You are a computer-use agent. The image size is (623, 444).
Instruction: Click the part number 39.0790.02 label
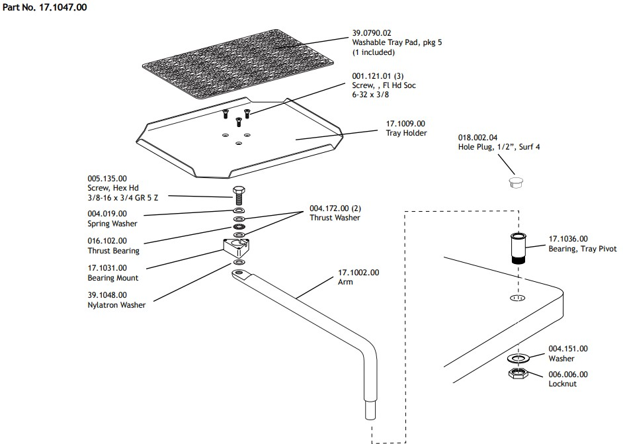372,33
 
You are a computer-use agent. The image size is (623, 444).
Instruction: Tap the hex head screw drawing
238,195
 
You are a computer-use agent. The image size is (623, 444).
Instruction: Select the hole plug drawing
516,183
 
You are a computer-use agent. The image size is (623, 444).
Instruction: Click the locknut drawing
518,374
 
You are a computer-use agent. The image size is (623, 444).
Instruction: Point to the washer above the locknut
518,359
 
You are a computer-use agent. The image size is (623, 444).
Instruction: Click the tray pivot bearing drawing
518,248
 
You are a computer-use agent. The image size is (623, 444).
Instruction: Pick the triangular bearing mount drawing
237,247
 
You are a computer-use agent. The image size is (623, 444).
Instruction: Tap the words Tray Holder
407,133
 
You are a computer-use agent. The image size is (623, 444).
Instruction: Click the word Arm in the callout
345,282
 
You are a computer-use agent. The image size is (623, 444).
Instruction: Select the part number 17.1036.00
568,239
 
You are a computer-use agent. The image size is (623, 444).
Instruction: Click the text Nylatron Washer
116,305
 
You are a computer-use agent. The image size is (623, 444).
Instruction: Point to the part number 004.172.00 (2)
335,208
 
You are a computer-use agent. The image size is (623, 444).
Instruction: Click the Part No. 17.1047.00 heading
44,7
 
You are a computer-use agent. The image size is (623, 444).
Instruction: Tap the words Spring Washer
112,224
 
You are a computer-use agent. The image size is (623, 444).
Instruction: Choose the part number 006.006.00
568,375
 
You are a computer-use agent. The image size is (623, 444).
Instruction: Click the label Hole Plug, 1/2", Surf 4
499,147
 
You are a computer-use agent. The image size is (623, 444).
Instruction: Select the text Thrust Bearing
114,250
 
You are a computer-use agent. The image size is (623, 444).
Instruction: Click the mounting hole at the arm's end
238,273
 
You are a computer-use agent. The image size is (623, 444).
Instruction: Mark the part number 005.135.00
107,179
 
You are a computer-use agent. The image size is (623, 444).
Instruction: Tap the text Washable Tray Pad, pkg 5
397,42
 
